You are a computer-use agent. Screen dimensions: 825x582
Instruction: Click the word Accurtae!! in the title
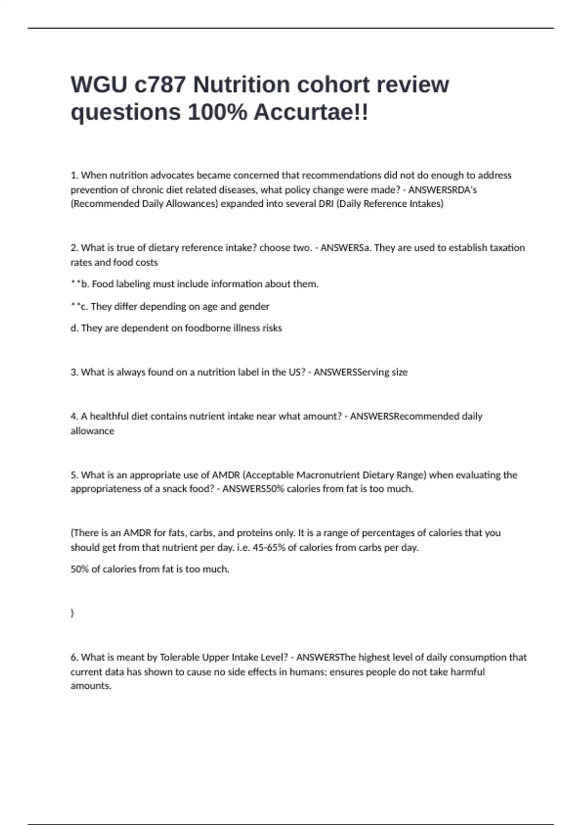click(x=311, y=112)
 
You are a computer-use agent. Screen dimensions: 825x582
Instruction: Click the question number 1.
click(x=74, y=175)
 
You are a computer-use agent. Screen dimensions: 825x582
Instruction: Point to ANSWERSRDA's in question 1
click(x=442, y=190)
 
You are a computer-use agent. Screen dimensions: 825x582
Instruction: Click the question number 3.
click(x=74, y=372)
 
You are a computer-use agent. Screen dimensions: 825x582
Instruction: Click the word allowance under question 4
click(x=92, y=431)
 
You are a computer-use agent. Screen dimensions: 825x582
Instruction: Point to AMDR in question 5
click(x=226, y=475)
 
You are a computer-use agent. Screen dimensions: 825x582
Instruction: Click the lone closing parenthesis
click(x=72, y=613)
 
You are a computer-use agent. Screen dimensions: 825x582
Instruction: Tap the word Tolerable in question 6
click(x=180, y=657)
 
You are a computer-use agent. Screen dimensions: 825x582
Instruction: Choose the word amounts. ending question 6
click(x=91, y=686)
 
